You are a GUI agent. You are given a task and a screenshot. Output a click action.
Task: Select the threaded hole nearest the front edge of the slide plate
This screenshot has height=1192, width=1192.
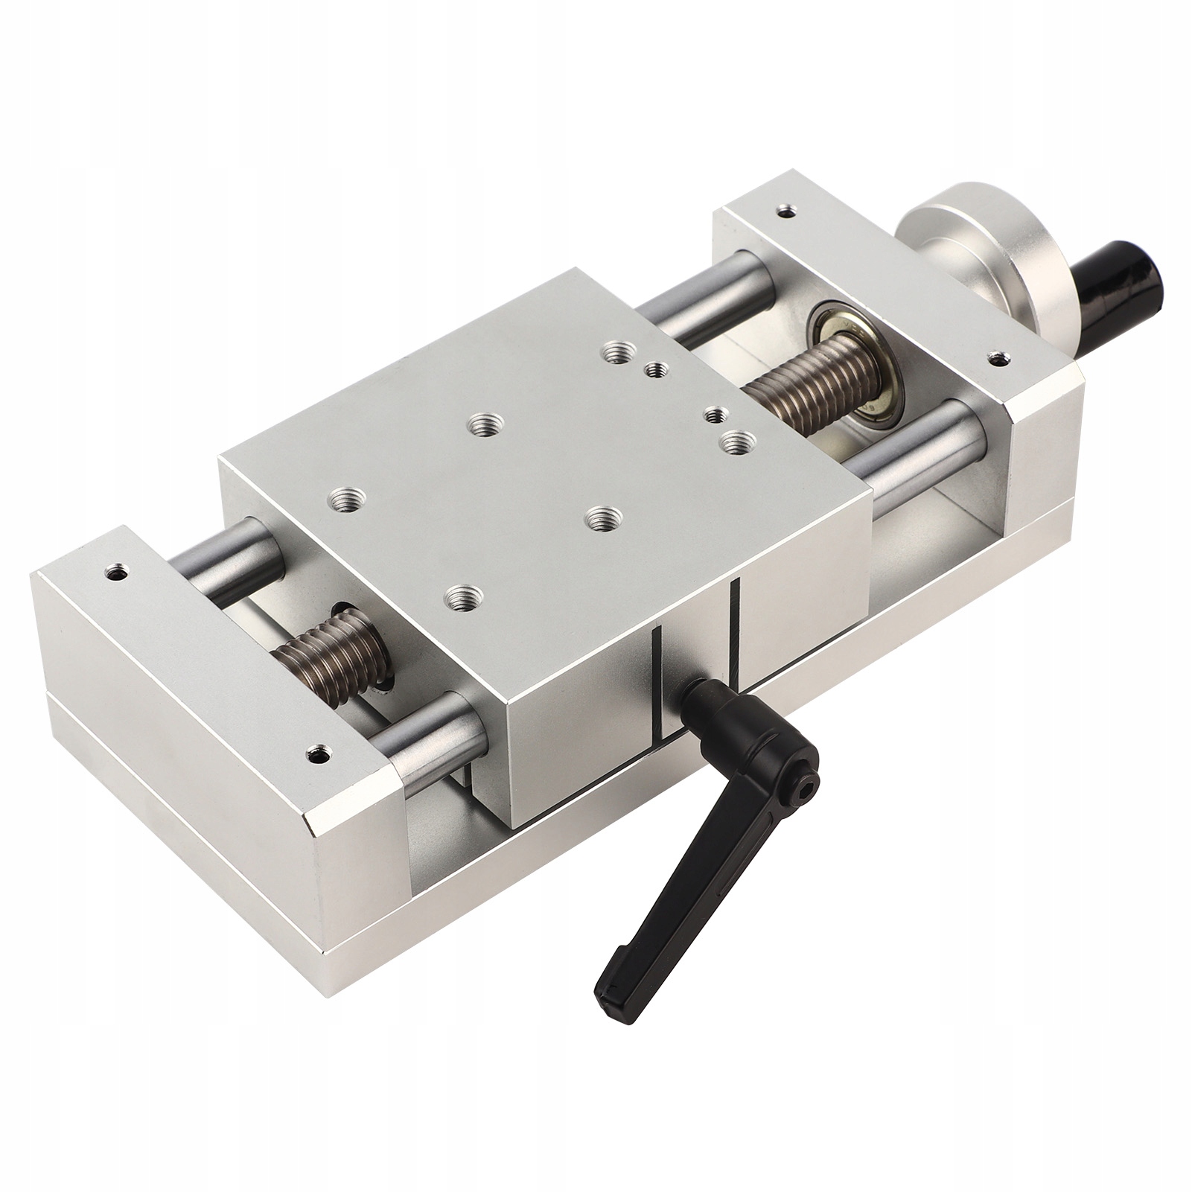click(465, 595)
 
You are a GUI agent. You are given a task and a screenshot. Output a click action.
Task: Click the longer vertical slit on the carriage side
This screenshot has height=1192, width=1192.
click(736, 625)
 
